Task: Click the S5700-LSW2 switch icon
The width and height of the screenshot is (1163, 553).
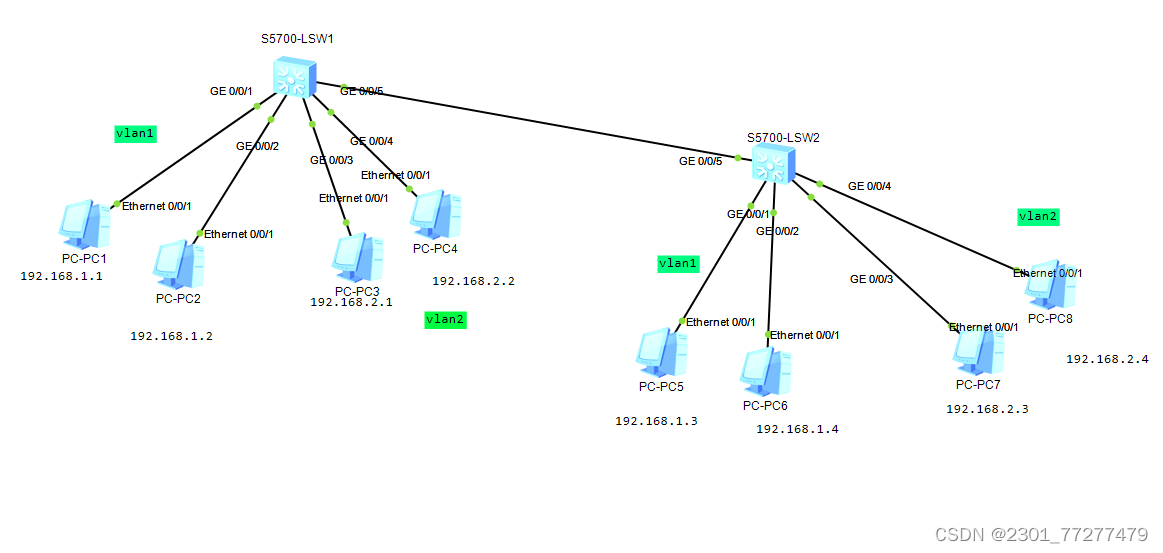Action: click(771, 163)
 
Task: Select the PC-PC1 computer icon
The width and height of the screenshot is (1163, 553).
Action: click(85, 224)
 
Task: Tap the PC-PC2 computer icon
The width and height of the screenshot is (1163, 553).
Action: click(179, 264)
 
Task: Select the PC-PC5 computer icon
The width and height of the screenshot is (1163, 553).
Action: click(661, 352)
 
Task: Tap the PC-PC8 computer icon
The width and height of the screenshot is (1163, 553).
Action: click(1051, 286)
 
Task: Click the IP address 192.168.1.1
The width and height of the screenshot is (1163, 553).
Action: click(62, 276)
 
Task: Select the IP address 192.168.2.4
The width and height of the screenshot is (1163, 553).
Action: click(1107, 358)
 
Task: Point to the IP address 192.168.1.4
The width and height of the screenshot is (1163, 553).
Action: click(797, 429)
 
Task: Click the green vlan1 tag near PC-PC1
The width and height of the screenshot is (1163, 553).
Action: click(136, 133)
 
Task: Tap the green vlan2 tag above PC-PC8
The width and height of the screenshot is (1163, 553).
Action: click(1037, 216)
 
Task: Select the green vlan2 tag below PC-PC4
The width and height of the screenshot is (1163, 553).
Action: click(445, 319)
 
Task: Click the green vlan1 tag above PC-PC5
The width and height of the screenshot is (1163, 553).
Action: click(677, 263)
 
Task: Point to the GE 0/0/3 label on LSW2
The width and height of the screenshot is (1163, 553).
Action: click(871, 279)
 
